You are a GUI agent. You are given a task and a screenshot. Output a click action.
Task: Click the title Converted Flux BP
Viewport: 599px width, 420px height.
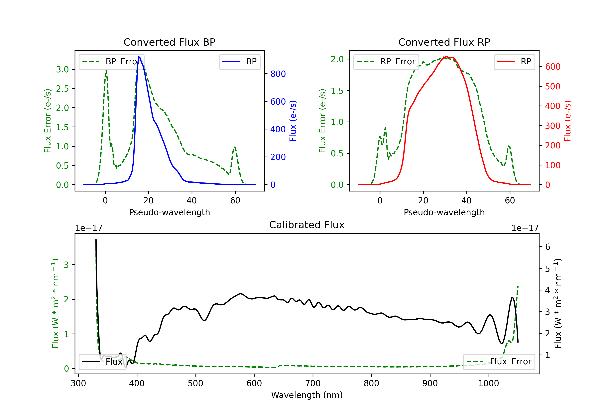(170, 42)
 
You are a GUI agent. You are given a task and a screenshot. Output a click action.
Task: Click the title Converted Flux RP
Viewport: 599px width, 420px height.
(444, 42)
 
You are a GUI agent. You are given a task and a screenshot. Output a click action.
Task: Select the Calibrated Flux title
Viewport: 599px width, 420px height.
(307, 225)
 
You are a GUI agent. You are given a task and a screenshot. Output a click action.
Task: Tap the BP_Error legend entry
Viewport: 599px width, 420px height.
(111, 62)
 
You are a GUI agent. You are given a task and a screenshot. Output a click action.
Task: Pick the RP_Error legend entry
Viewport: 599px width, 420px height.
(386, 62)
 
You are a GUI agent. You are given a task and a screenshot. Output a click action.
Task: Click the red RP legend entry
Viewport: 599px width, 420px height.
(514, 62)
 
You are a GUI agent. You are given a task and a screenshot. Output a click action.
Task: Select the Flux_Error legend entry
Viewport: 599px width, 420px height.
(499, 362)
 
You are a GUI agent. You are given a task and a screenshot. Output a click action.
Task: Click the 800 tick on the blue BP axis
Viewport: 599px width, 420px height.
(278, 74)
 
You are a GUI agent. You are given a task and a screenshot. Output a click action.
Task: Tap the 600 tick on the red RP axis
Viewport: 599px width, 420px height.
(552, 67)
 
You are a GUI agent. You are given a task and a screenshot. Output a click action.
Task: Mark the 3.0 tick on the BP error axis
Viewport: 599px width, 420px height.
(62, 69)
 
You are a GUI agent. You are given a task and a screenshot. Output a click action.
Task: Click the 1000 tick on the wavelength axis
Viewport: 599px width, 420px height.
(489, 383)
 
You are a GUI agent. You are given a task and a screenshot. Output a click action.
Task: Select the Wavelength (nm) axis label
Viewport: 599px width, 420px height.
(307, 395)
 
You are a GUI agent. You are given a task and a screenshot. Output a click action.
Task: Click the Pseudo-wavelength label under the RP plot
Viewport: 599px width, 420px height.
(444, 212)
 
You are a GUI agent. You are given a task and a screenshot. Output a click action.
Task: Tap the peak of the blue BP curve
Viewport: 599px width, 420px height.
(139, 57)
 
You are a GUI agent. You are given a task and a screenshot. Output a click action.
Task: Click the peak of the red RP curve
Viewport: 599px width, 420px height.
(446, 57)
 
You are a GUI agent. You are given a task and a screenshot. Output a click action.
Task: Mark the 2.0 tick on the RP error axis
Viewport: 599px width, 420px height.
(337, 59)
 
